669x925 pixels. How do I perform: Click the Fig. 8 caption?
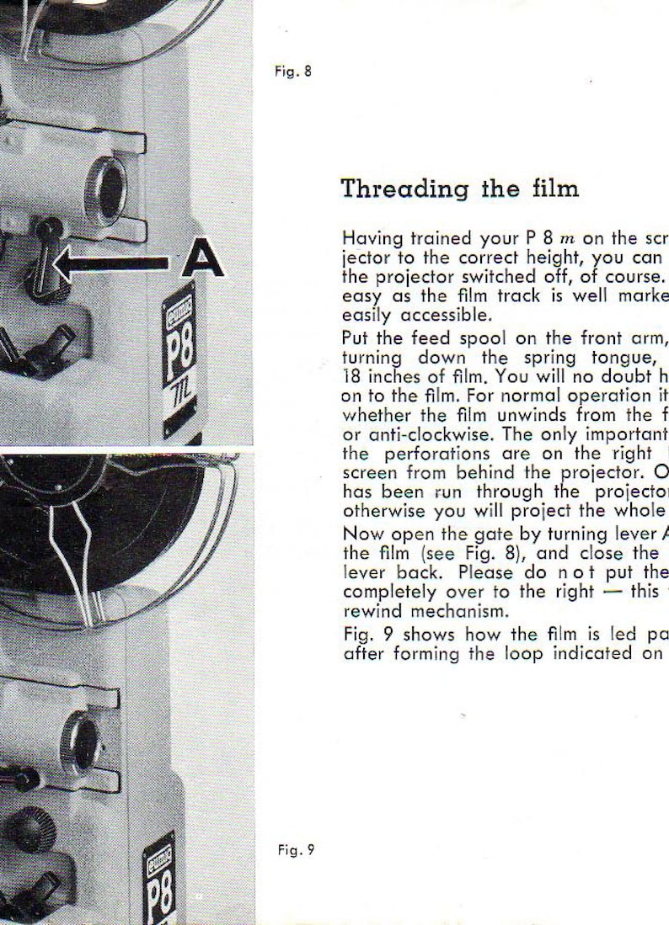point(294,72)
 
